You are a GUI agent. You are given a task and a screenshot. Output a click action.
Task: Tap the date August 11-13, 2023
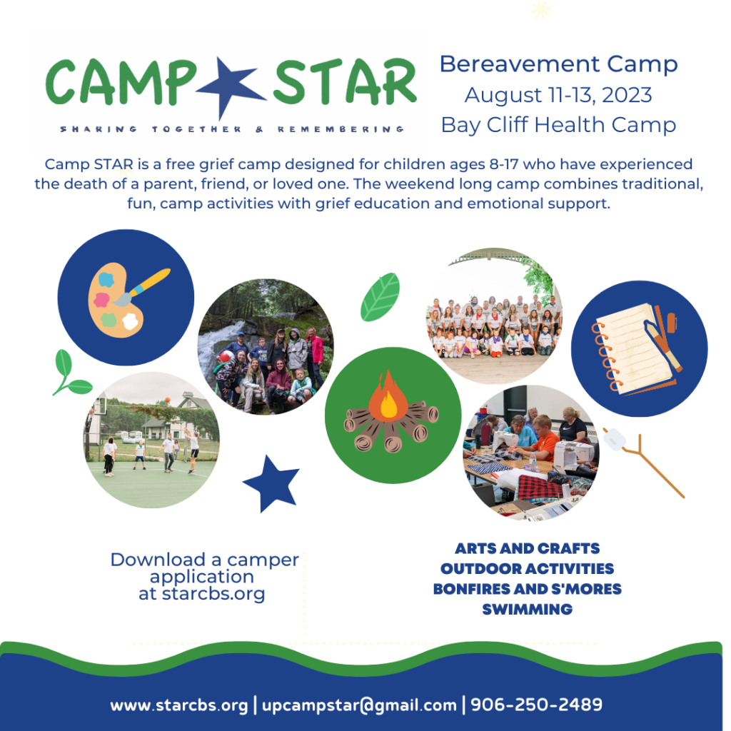pyautogui.click(x=558, y=94)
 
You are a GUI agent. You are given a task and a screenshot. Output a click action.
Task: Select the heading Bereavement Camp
pyautogui.click(x=558, y=64)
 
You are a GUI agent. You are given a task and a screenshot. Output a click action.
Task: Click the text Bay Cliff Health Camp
pyautogui.click(x=558, y=125)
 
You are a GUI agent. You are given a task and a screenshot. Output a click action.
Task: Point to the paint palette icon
pyautogui.click(x=126, y=298)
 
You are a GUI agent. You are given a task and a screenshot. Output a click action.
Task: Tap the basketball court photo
pyautogui.click(x=151, y=440)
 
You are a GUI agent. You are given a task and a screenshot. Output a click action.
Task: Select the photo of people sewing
pyautogui.click(x=531, y=453)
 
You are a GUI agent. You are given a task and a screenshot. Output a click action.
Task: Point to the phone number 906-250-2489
pyautogui.click(x=536, y=705)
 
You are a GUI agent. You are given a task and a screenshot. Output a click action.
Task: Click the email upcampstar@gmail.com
pyautogui.click(x=359, y=705)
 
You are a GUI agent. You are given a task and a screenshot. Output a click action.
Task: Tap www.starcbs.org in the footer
pyautogui.click(x=179, y=705)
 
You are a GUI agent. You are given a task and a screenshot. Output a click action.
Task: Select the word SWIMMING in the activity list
pyautogui.click(x=527, y=610)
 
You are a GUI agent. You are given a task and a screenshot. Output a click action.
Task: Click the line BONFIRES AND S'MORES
pyautogui.click(x=527, y=589)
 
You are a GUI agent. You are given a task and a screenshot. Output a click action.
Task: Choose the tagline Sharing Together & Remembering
pyautogui.click(x=232, y=129)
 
